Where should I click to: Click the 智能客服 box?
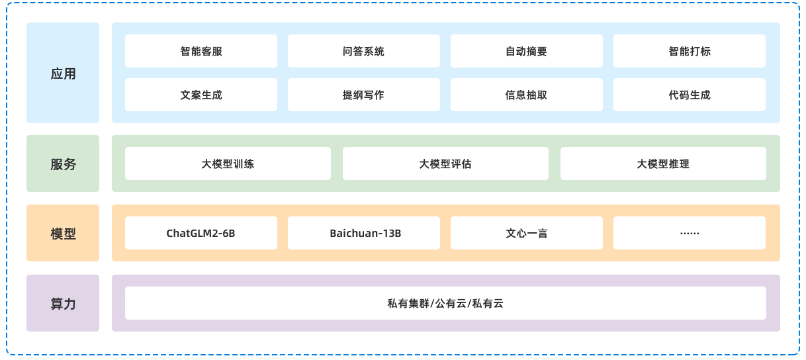click(x=201, y=51)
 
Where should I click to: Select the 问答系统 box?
click(x=363, y=51)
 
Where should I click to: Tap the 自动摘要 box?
click(x=526, y=51)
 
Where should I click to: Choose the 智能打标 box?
click(x=689, y=51)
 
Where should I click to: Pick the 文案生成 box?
click(x=201, y=95)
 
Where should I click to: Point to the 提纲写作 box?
click(x=363, y=95)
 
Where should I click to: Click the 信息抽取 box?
click(x=526, y=95)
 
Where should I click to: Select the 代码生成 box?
click(x=689, y=95)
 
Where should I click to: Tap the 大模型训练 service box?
click(x=228, y=163)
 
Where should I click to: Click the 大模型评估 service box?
click(x=445, y=163)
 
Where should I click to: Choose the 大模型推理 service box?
click(x=663, y=163)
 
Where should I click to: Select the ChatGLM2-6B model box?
click(x=201, y=233)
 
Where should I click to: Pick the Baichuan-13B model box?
click(x=363, y=233)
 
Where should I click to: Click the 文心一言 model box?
click(x=526, y=233)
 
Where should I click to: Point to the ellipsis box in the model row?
click(x=689, y=233)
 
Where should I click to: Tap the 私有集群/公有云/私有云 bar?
click(x=445, y=303)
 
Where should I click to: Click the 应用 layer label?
click(x=63, y=73)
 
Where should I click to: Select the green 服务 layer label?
click(x=63, y=163)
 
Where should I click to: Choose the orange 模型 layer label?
click(x=63, y=233)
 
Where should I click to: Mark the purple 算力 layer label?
click(x=63, y=303)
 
